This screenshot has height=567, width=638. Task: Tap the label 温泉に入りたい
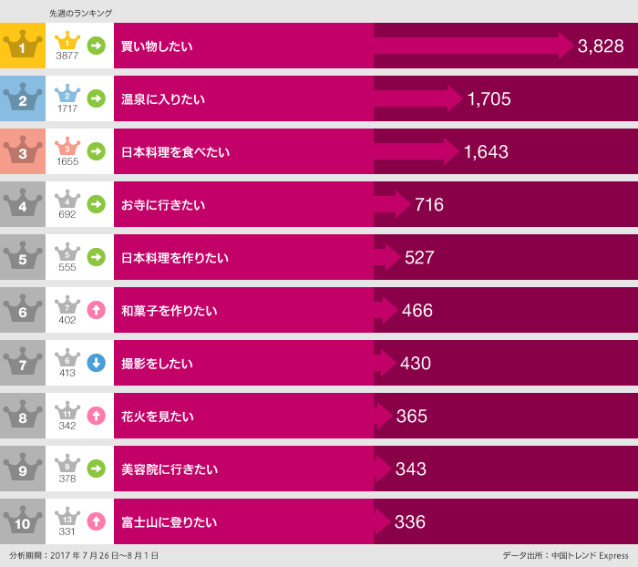pyautogui.click(x=163, y=98)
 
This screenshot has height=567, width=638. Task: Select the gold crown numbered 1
pyautogui.click(x=23, y=46)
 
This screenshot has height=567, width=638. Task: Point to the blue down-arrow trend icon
pyautogui.click(x=96, y=363)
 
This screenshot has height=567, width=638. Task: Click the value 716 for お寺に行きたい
pyautogui.click(x=428, y=204)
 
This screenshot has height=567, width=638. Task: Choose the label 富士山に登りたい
pyautogui.click(x=170, y=522)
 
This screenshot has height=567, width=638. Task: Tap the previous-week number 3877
pyautogui.click(x=67, y=56)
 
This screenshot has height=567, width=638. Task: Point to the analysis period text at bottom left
pyautogui.click(x=84, y=555)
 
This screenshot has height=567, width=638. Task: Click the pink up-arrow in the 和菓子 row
pyautogui.click(x=96, y=310)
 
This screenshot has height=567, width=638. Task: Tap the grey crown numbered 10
pyautogui.click(x=23, y=522)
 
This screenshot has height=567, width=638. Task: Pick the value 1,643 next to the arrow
pyautogui.click(x=486, y=151)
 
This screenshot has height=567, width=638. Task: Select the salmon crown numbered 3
pyautogui.click(x=23, y=151)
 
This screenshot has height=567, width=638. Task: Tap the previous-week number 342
pyautogui.click(x=67, y=427)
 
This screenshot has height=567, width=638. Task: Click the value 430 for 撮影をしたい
pyautogui.click(x=415, y=363)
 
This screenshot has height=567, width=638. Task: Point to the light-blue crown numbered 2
pyautogui.click(x=23, y=98)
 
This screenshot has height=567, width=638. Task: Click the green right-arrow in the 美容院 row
pyautogui.click(x=96, y=469)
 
